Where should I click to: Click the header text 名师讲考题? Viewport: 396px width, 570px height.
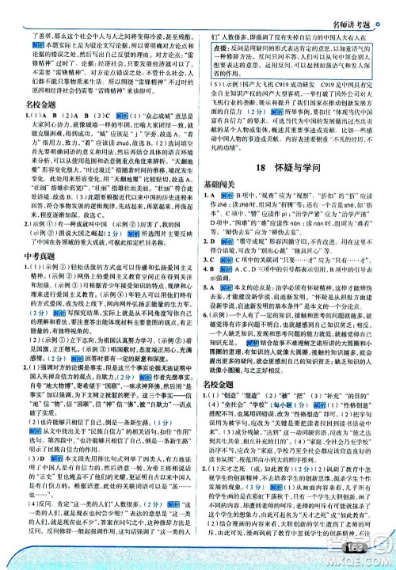[x=357, y=9]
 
